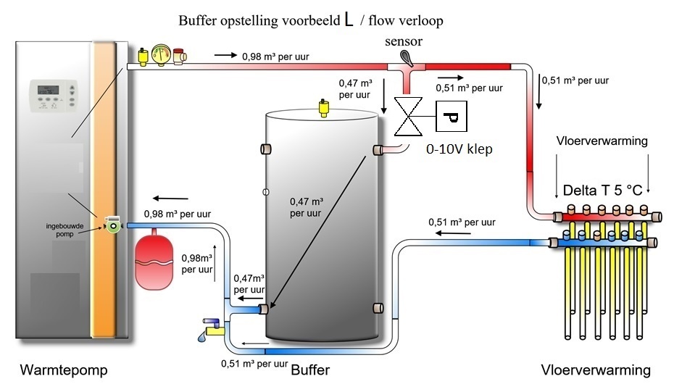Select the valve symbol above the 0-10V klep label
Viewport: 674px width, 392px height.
coord(407,117)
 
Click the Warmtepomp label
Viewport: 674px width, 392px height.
coord(64,370)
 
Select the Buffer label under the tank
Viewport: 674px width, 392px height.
coord(310,370)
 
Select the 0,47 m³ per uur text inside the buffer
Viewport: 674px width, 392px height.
coord(306,207)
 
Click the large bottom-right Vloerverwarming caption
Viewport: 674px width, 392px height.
coord(596,370)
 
